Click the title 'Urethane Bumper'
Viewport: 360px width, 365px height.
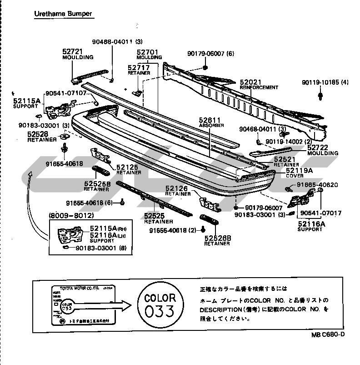click(x=63, y=14)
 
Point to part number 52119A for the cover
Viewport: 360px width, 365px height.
click(x=299, y=170)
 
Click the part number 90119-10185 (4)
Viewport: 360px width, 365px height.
click(x=325, y=82)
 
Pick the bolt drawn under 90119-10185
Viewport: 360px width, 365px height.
click(x=321, y=96)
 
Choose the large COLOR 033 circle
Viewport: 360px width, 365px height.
click(x=160, y=305)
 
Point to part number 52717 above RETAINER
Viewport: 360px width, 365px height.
click(x=139, y=68)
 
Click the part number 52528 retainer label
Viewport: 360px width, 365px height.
click(x=38, y=134)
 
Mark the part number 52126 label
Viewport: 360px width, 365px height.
click(x=177, y=188)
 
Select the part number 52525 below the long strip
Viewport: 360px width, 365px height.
click(x=155, y=216)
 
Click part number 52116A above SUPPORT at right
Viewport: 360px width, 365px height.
click(x=312, y=223)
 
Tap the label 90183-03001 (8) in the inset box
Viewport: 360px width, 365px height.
click(x=102, y=248)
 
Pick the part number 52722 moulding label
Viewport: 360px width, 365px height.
click(x=319, y=147)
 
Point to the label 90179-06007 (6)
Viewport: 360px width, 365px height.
click(x=210, y=53)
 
